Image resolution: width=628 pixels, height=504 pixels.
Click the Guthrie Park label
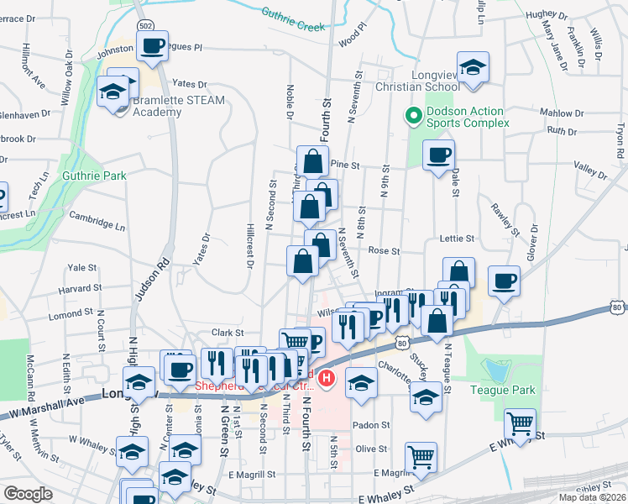pyautogui.click(x=94, y=176)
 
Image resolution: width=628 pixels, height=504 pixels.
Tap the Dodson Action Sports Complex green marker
pyautogui.click(x=412, y=116)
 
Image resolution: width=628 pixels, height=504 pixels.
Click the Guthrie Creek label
pyautogui.click(x=292, y=19)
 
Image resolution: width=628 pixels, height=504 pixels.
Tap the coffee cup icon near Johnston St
pyautogui.click(x=152, y=46)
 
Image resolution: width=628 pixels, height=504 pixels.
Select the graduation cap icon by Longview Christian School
pyautogui.click(x=474, y=67)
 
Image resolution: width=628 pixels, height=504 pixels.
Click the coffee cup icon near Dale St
pyautogui.click(x=439, y=155)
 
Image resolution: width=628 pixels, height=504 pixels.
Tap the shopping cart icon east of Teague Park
pyautogui.click(x=521, y=423)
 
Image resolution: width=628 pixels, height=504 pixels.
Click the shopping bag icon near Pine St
pyautogui.click(x=312, y=160)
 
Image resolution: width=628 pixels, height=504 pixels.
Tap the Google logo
pyautogui.click(x=29, y=494)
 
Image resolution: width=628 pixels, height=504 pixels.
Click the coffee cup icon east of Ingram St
pyautogui.click(x=504, y=281)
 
